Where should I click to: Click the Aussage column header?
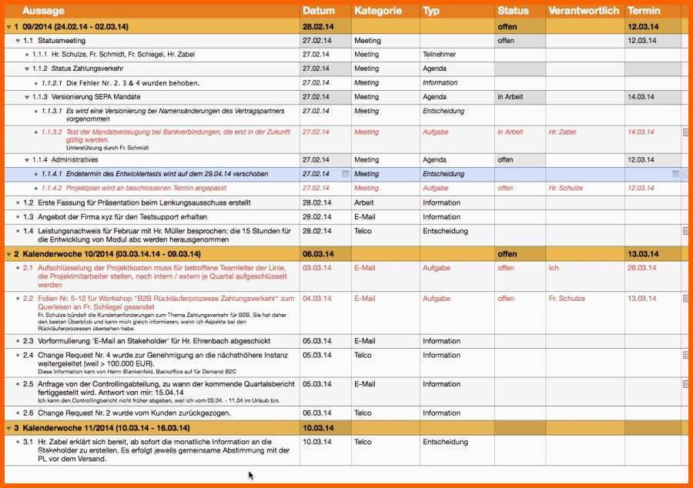43,11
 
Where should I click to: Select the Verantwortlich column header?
584,11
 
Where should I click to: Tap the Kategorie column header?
377,11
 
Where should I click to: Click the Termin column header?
644,11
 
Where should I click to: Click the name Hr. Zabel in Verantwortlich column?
562,132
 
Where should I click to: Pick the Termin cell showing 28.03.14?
641,268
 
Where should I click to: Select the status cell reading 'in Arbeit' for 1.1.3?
510,97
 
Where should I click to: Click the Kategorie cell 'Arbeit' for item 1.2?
364,202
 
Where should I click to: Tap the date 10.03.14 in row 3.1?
316,442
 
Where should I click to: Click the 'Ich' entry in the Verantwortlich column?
554,268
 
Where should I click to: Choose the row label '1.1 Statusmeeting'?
54,41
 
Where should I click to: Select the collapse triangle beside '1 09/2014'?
8,27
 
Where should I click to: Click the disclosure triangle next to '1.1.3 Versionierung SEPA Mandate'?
27,97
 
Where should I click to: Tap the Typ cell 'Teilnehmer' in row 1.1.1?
439,55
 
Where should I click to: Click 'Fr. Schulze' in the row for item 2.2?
567,299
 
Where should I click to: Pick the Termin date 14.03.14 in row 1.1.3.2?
641,132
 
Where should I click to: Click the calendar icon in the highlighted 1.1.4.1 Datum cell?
345,174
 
